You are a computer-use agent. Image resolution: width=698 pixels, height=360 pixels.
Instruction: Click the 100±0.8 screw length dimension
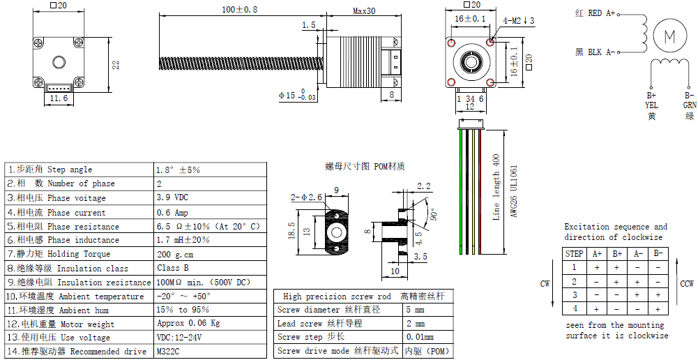click(x=238, y=10)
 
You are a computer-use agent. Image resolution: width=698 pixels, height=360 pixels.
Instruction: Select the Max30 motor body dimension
click(x=364, y=11)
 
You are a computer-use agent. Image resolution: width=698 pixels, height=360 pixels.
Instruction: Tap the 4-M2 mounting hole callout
click(x=519, y=20)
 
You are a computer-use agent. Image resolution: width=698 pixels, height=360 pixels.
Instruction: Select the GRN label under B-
click(x=690, y=105)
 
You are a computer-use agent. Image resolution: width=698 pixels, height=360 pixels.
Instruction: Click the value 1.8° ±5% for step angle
click(x=179, y=170)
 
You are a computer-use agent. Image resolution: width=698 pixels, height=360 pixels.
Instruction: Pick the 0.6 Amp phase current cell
click(x=172, y=213)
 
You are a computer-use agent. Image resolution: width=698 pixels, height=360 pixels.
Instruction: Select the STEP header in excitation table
click(x=575, y=254)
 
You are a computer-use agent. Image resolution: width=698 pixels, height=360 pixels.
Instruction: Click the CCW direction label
click(x=686, y=284)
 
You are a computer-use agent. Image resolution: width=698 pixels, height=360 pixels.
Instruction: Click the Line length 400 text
click(x=496, y=187)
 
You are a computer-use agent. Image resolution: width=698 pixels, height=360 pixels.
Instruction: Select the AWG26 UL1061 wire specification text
click(x=514, y=192)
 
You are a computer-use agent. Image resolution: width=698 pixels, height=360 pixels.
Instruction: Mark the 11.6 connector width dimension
click(x=59, y=99)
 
